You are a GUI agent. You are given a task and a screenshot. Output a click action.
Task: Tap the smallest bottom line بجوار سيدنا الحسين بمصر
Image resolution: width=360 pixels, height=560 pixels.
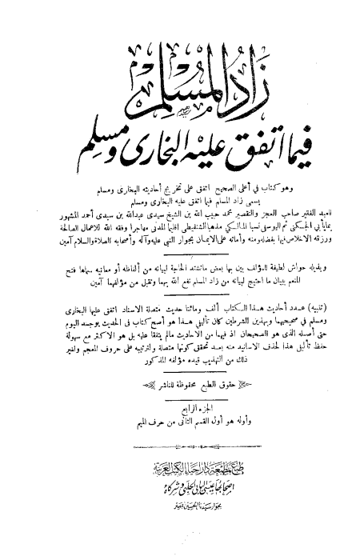point(180,518)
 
